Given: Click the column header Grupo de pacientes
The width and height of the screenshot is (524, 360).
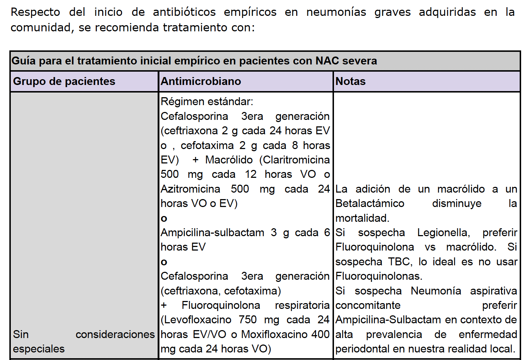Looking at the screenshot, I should coord(64,81).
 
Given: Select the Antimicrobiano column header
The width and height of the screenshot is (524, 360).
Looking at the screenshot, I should coord(201,81).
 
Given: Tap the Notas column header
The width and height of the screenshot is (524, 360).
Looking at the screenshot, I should coord(351,81).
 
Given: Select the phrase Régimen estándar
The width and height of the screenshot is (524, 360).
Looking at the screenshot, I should coord(207,102).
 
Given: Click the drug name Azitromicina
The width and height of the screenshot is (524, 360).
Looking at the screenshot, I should coord(190,189).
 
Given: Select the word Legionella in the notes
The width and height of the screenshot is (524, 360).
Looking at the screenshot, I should coord(443,233).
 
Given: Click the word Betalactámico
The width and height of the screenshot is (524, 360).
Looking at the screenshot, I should coord(370,203).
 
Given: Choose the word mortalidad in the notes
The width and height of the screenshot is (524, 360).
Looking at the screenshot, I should coord(362,218).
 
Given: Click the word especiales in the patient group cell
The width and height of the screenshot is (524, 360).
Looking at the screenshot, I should coord(39,349).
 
